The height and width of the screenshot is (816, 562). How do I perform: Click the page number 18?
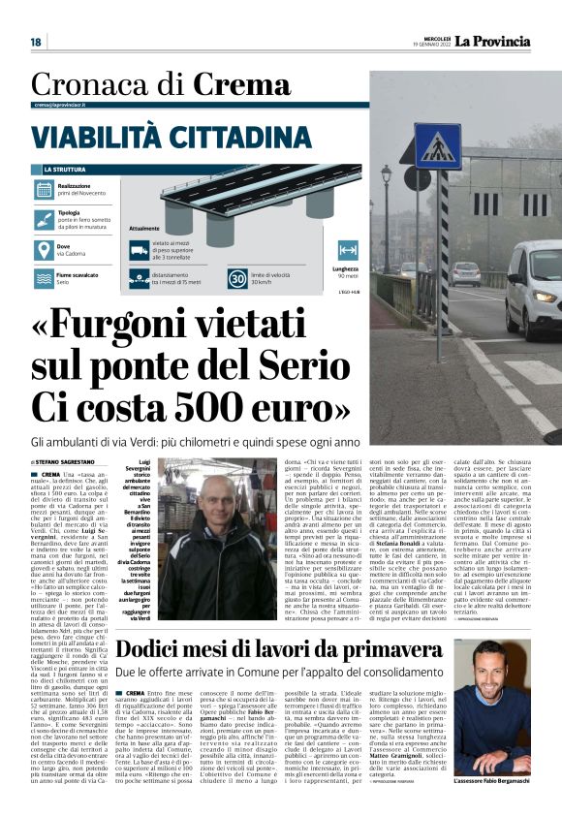point(36,42)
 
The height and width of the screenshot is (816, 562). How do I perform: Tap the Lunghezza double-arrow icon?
point(348,251)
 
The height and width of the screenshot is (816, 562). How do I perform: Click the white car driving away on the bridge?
point(464,273)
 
